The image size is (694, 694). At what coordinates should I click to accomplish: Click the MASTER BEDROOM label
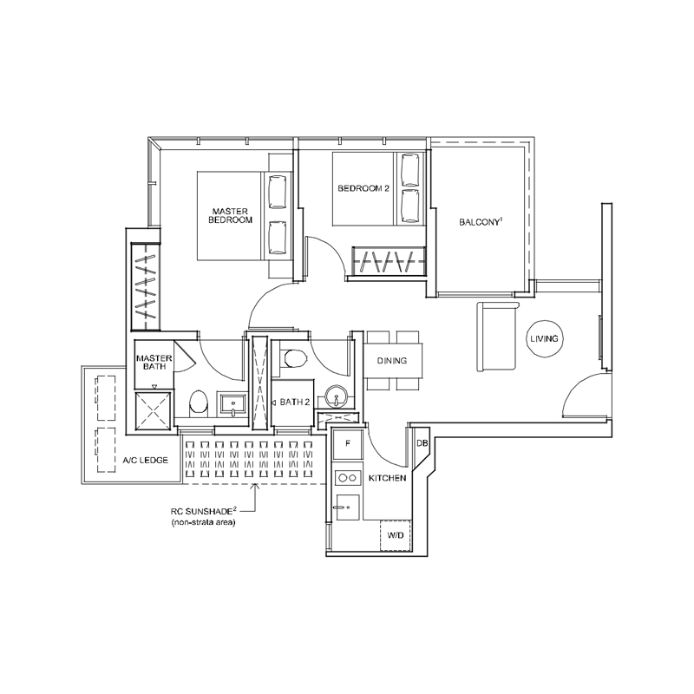(x=230, y=215)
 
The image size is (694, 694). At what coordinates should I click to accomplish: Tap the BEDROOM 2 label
(x=363, y=188)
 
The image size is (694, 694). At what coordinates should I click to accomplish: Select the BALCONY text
(x=480, y=222)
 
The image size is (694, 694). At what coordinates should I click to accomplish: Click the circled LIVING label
(x=545, y=338)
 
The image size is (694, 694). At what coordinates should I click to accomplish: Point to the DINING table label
(x=392, y=361)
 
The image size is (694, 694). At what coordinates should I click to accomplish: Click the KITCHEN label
(x=387, y=478)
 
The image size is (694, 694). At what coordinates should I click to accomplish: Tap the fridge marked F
(x=348, y=443)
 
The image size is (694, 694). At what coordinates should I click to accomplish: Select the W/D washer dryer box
(x=396, y=535)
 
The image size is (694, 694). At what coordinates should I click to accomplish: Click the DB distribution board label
(x=422, y=442)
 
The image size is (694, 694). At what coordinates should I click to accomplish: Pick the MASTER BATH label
(x=154, y=363)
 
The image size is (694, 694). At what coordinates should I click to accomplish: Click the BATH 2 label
(x=295, y=403)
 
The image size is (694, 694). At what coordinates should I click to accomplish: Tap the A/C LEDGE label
(x=145, y=461)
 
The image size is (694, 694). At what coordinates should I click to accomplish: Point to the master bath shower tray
(x=153, y=410)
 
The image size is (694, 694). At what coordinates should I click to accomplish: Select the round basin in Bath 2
(x=337, y=396)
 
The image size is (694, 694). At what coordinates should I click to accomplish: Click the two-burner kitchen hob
(x=347, y=478)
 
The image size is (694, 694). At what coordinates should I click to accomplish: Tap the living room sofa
(x=497, y=337)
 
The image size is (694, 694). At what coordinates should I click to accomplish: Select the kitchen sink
(x=348, y=507)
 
